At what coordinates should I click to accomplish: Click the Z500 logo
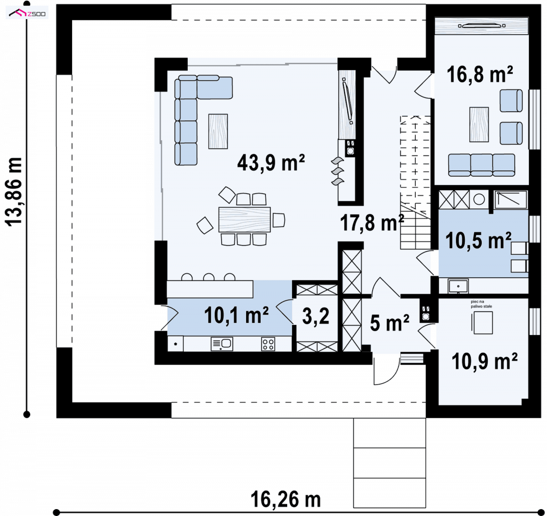pos(27,13)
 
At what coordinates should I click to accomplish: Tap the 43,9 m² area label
pos(271,163)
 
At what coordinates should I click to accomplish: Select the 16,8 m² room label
pos(480,74)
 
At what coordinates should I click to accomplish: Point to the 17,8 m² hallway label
pos(372,222)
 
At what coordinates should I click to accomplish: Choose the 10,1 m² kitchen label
pos(236,315)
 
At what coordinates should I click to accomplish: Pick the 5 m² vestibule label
pos(389,323)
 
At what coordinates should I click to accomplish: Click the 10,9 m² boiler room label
pos(485,361)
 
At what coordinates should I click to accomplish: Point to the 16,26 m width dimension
pos(286,500)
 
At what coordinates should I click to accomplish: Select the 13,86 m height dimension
pos(14,192)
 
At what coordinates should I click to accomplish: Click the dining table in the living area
pos(244,220)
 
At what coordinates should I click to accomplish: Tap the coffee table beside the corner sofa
pos(218,131)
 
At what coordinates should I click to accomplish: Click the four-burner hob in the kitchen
pos(268,344)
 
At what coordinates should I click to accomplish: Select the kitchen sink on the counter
pos(222,344)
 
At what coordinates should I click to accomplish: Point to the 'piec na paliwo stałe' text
pos(481,304)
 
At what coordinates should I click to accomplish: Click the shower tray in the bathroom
pos(511,200)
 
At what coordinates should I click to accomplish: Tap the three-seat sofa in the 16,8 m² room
pos(481,165)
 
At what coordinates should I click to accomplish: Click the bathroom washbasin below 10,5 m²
pos(458,286)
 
